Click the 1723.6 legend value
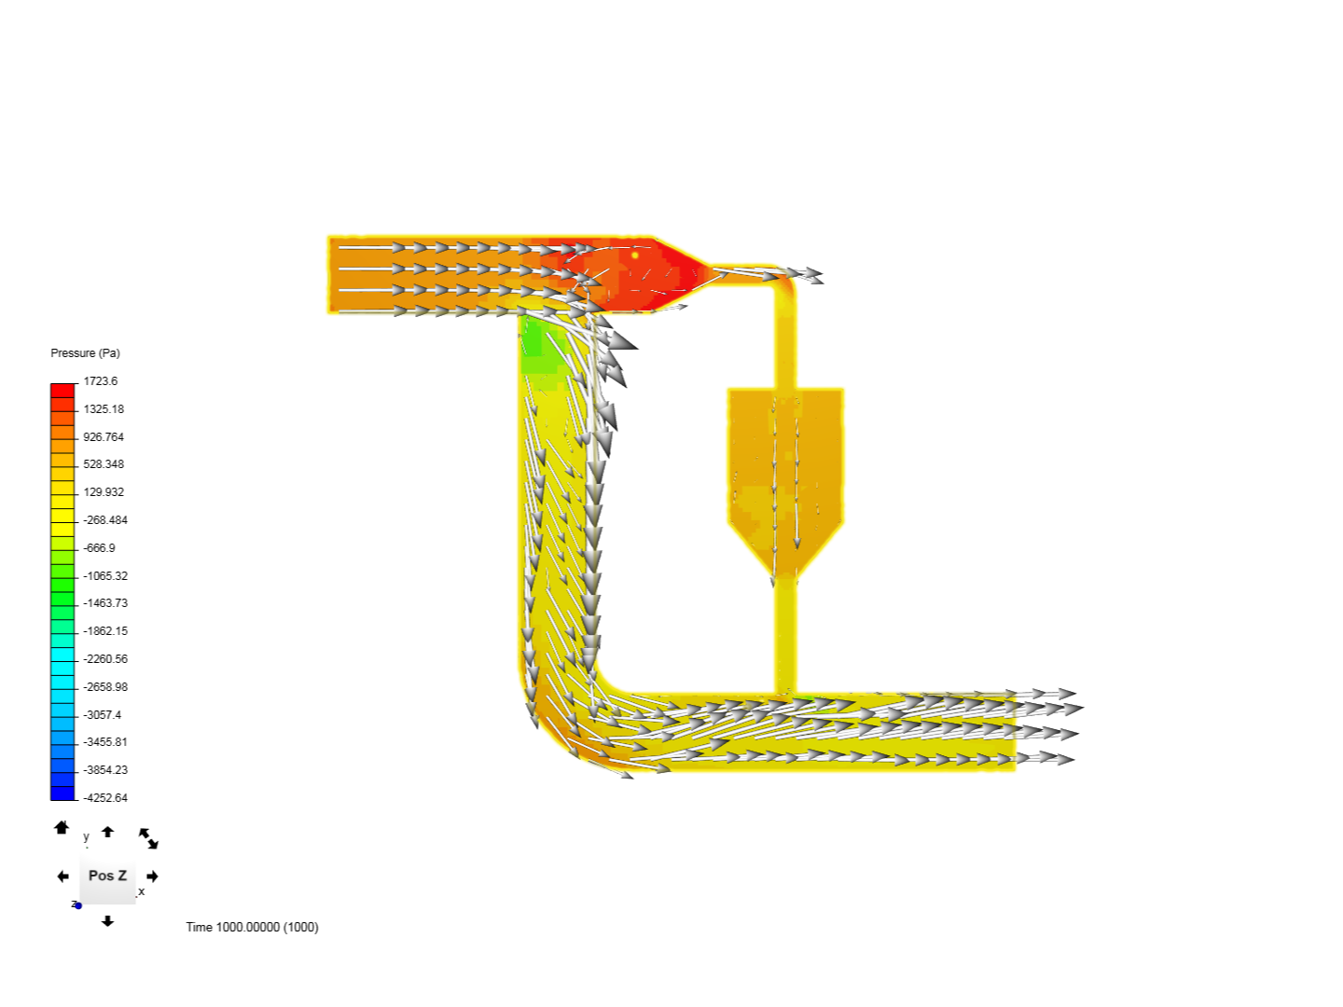click(101, 381)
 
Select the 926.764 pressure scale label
click(104, 436)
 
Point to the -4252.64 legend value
click(105, 797)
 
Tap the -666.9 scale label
click(99, 548)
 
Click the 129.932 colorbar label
click(104, 491)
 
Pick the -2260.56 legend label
click(105, 658)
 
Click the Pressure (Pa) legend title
click(85, 352)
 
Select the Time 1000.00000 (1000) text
click(252, 927)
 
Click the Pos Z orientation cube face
click(107, 876)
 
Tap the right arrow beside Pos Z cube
click(152, 876)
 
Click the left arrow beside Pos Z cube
click(62, 876)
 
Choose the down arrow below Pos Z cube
click(107, 921)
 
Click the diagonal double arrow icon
click(148, 838)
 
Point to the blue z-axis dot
click(78, 905)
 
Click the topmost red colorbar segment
click(62, 391)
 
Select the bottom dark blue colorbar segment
click(62, 793)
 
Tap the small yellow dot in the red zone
click(635, 255)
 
